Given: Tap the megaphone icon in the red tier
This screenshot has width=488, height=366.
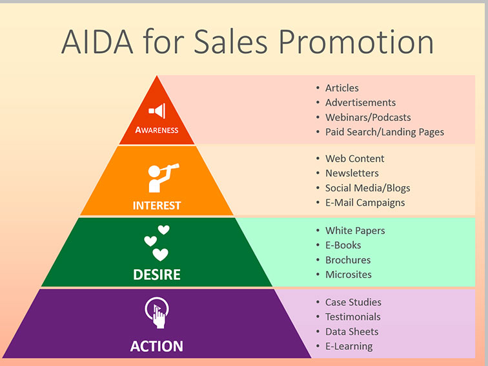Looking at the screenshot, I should (157, 111).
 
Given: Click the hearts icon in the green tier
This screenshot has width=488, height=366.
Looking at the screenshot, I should (157, 242).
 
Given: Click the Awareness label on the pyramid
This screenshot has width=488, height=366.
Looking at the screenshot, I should (157, 130).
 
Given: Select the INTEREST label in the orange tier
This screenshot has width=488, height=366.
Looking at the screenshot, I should (157, 206).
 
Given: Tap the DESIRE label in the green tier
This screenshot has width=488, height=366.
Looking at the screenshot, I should (157, 275).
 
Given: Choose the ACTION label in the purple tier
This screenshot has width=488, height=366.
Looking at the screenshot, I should (157, 346).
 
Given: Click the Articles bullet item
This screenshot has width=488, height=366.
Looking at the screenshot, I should (341, 88).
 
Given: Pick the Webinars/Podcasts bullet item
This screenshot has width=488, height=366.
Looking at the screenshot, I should (367, 117).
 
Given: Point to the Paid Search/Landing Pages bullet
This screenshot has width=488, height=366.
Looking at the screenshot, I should (384, 132).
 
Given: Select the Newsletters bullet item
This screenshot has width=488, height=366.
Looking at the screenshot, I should (352, 173).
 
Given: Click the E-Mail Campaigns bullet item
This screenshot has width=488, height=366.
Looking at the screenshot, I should (365, 202).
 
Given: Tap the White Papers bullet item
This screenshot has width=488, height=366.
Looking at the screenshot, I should (355, 231).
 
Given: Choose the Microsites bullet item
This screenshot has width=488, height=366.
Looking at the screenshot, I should (348, 274).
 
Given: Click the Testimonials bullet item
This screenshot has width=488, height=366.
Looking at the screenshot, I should (352, 317).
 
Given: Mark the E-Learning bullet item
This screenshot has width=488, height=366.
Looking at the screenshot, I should (349, 346).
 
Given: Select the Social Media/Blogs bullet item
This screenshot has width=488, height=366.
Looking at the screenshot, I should (367, 188).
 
